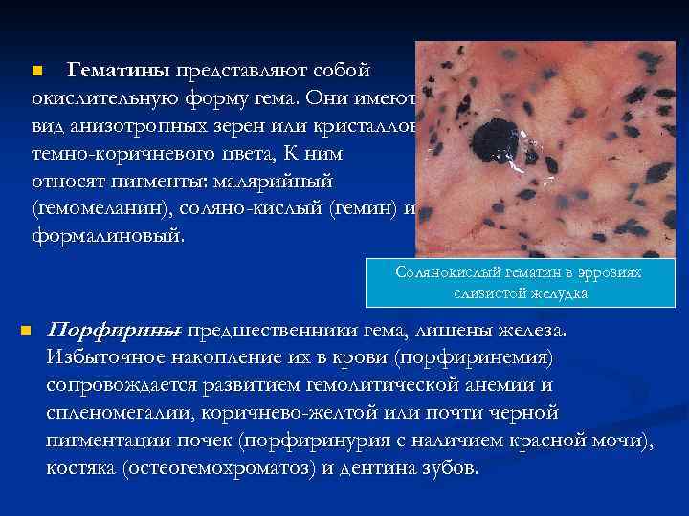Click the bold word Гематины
click(x=118, y=72)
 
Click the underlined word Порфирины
click(x=113, y=332)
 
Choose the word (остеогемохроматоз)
click(x=201, y=469)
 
